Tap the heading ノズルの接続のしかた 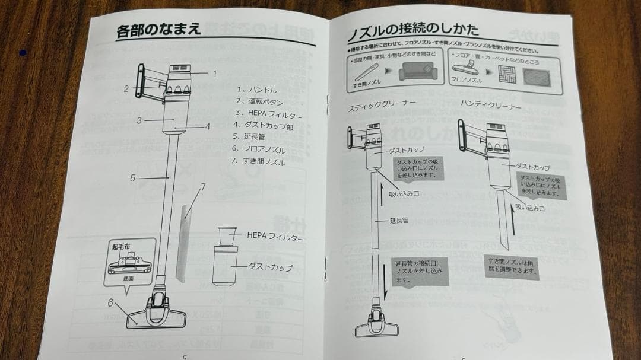click(413, 28)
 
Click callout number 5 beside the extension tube click(132, 177)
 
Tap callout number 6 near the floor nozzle click(110, 302)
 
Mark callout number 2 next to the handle click(126, 89)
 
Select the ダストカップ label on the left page click(270, 267)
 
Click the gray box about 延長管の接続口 click(418, 270)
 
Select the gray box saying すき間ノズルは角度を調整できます click(511, 268)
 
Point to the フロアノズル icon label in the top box click(466, 78)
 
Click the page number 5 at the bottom click(185, 356)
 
